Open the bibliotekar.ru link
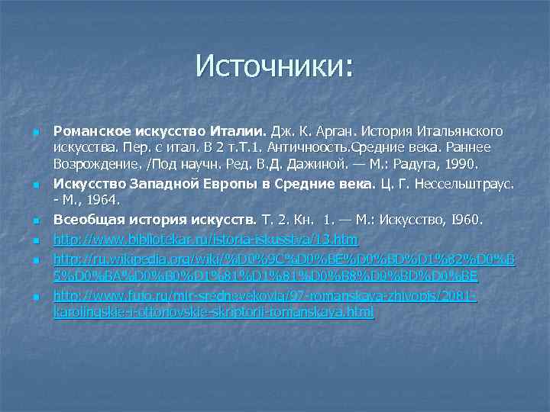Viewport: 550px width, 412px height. point(205,240)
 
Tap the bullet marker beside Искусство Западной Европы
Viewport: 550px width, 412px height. point(36,185)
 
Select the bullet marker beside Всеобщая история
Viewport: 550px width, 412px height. point(36,222)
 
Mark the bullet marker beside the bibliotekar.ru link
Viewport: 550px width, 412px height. point(36,241)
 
